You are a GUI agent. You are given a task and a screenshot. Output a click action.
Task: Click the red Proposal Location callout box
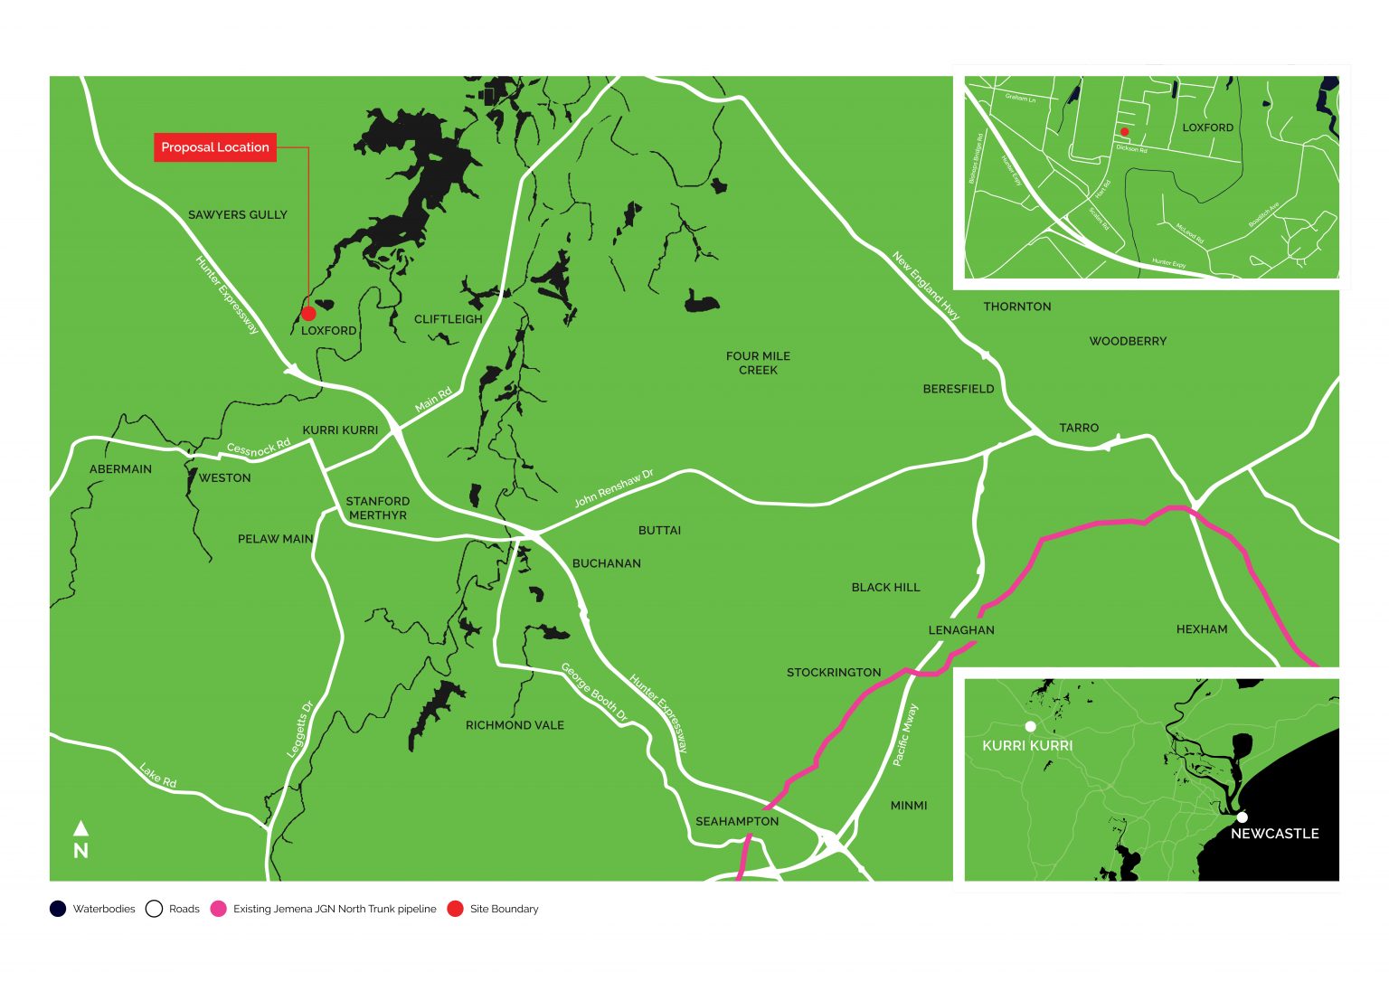point(215,147)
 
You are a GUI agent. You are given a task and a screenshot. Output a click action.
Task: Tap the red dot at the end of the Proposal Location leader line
point(308,314)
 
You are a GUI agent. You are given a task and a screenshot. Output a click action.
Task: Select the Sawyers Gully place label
point(237,215)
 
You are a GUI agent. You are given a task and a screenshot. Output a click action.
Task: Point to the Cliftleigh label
point(448,319)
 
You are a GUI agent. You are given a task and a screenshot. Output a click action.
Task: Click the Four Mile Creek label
point(758,363)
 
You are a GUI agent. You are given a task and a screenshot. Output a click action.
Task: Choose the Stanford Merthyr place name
point(377,508)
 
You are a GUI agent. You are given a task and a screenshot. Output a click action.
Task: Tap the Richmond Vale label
point(515,725)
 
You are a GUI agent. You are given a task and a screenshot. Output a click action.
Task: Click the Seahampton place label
point(736,821)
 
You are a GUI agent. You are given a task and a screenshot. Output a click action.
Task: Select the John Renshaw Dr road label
point(613,488)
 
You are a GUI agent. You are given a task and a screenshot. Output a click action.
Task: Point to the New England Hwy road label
point(925,287)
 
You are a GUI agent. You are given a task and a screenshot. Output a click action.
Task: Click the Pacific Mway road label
point(905,735)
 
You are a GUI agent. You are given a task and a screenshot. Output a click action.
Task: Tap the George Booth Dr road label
point(594,693)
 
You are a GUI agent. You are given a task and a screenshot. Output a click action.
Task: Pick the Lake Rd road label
point(157,776)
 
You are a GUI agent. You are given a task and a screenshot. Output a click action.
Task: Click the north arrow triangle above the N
point(80,827)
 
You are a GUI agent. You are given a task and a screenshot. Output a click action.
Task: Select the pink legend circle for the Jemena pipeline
point(218,909)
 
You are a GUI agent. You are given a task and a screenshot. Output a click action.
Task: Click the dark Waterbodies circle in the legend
point(58,909)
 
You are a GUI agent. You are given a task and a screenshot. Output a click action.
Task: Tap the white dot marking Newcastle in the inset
point(1242,817)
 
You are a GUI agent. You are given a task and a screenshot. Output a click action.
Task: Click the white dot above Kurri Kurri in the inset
point(1030,726)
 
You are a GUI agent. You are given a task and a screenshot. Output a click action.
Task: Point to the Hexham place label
point(1201,629)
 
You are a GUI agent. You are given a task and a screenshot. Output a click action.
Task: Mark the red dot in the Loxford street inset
point(1124,132)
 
